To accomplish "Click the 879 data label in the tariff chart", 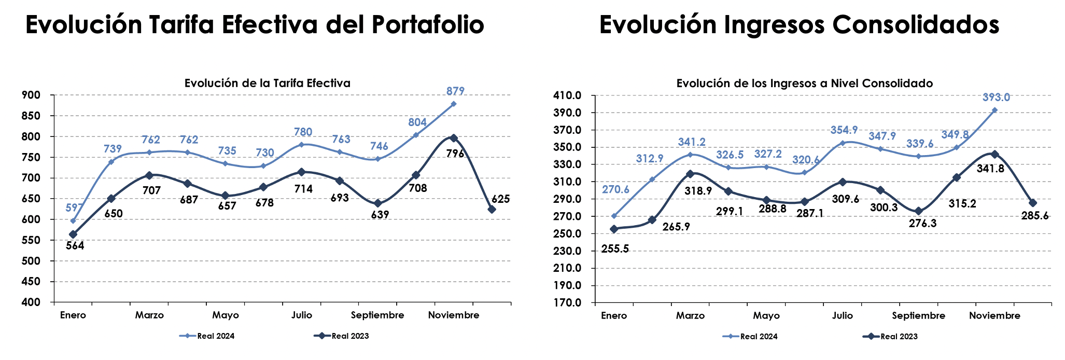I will click(455, 91).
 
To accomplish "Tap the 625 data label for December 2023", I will click(500, 199).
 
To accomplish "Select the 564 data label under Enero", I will click(75, 246).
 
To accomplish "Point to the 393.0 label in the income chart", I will click(996, 98).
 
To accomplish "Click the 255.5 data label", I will click(615, 249).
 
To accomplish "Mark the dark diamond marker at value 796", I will click(454, 138).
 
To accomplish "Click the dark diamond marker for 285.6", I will click(1032, 203).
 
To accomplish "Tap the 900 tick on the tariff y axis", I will click(31, 95).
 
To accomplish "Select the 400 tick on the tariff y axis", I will click(31, 302).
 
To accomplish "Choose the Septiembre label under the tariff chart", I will click(377, 315).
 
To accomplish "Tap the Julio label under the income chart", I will click(842, 316).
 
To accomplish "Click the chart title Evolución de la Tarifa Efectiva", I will click(267, 83).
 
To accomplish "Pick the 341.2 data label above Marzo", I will click(692, 142).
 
